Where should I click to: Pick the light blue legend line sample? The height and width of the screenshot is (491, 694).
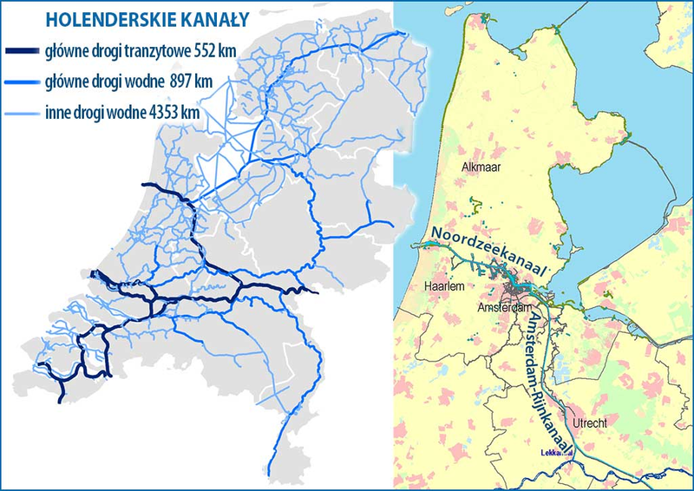point(22,111)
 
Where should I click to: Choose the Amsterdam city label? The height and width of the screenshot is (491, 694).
point(504,308)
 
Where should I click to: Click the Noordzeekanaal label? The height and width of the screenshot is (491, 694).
point(491,252)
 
